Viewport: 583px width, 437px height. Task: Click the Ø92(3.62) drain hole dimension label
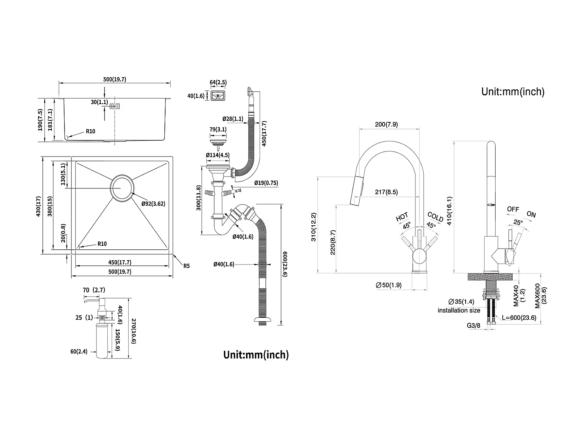pos(154,203)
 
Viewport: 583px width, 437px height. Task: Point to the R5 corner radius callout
pos(187,266)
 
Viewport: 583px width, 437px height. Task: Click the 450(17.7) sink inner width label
pos(119,262)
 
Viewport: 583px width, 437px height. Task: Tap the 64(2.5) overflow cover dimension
pos(218,82)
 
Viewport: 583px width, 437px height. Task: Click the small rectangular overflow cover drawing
pos(218,96)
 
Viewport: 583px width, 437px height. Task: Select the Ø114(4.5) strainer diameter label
pos(218,155)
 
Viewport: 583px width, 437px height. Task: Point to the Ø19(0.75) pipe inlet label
pos(266,183)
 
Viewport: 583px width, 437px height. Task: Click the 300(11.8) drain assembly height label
pos(198,198)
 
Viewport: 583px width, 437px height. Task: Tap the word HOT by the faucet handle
pos(402,217)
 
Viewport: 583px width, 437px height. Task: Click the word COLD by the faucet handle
pos(435,216)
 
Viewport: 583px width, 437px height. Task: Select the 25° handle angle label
pos(517,222)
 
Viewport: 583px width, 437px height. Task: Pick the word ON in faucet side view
pos(531,214)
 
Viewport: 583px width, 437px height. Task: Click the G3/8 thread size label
pos(474,326)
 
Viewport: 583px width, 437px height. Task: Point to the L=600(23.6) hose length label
pos(519,317)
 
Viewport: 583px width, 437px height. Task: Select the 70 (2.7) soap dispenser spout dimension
pos(94,290)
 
